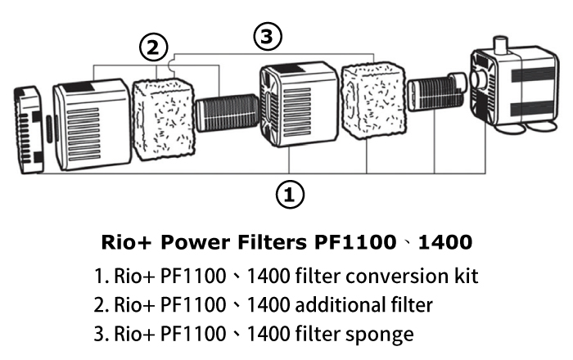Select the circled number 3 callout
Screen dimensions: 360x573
pyautogui.click(x=267, y=36)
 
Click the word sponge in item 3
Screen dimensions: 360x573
pyautogui.click(x=386, y=334)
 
